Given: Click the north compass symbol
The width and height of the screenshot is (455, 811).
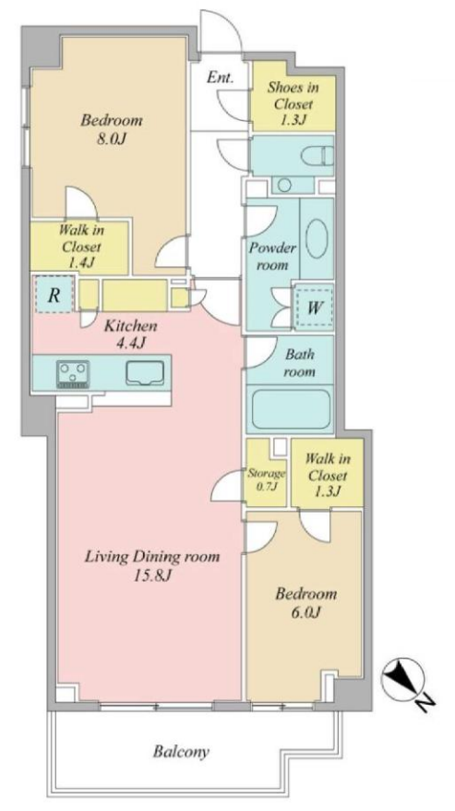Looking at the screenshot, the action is tap(403, 678).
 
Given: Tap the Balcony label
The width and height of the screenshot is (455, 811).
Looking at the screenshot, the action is tap(181, 752).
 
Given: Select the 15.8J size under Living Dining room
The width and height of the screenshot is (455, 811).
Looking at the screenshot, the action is tap(152, 575).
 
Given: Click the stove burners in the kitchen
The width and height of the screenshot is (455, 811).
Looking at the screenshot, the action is tap(73, 373).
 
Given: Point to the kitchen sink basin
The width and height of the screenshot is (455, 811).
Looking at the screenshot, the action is tap(145, 372).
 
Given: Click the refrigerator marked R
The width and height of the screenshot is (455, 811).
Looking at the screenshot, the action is tap(54, 295).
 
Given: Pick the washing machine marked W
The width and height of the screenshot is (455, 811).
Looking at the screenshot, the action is tap(313, 308).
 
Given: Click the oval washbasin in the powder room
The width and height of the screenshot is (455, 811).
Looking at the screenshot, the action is tap(316, 239).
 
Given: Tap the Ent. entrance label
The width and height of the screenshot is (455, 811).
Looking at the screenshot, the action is tap(220, 79).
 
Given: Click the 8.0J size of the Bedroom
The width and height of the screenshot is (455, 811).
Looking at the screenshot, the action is tap(111, 139).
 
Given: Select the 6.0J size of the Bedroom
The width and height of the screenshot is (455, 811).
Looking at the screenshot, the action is tap(306, 612).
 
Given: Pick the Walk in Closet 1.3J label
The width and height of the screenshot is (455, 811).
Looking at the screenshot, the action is tap(326, 474).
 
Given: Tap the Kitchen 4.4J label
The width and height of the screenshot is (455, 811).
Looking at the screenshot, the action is tap(130, 334).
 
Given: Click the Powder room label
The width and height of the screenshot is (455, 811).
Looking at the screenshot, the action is tap(272, 256).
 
